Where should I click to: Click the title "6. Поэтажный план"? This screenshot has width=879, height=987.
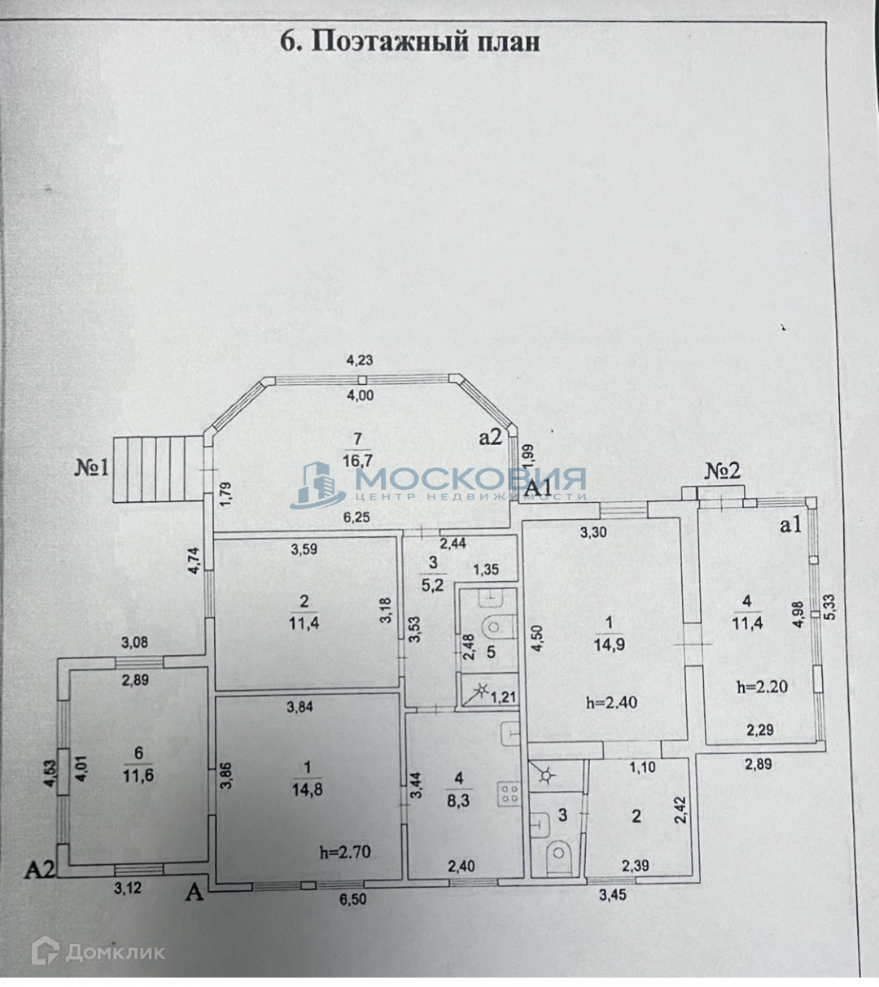click(409, 41)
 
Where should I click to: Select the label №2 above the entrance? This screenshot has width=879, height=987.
click(722, 470)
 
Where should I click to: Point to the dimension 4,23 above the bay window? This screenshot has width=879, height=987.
click(360, 360)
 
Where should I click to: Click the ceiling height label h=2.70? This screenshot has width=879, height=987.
click(345, 852)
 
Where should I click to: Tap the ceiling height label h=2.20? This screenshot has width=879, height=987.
click(762, 686)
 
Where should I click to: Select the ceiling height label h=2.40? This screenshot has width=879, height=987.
click(611, 702)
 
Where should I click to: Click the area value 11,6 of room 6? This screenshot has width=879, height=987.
click(138, 775)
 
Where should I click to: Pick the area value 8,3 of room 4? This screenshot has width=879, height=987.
click(458, 801)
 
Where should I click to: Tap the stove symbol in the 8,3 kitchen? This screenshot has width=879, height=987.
click(509, 793)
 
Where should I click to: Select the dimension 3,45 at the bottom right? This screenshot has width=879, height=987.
click(613, 896)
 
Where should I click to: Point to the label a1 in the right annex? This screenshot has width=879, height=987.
click(791, 526)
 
